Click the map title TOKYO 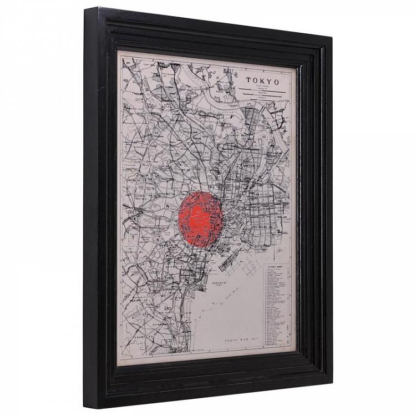pos(263,81)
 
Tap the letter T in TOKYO pos(250,80)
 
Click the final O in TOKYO pos(277,82)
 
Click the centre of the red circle pos(202,220)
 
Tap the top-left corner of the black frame pos(85,9)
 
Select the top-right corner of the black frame pos(332,37)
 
